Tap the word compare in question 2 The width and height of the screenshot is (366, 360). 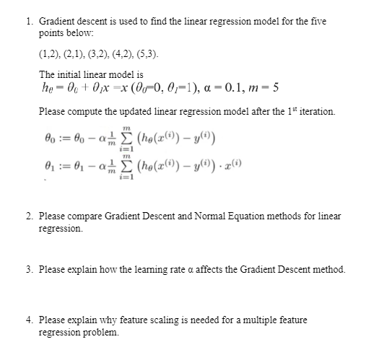pyautogui.click(x=87, y=216)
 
